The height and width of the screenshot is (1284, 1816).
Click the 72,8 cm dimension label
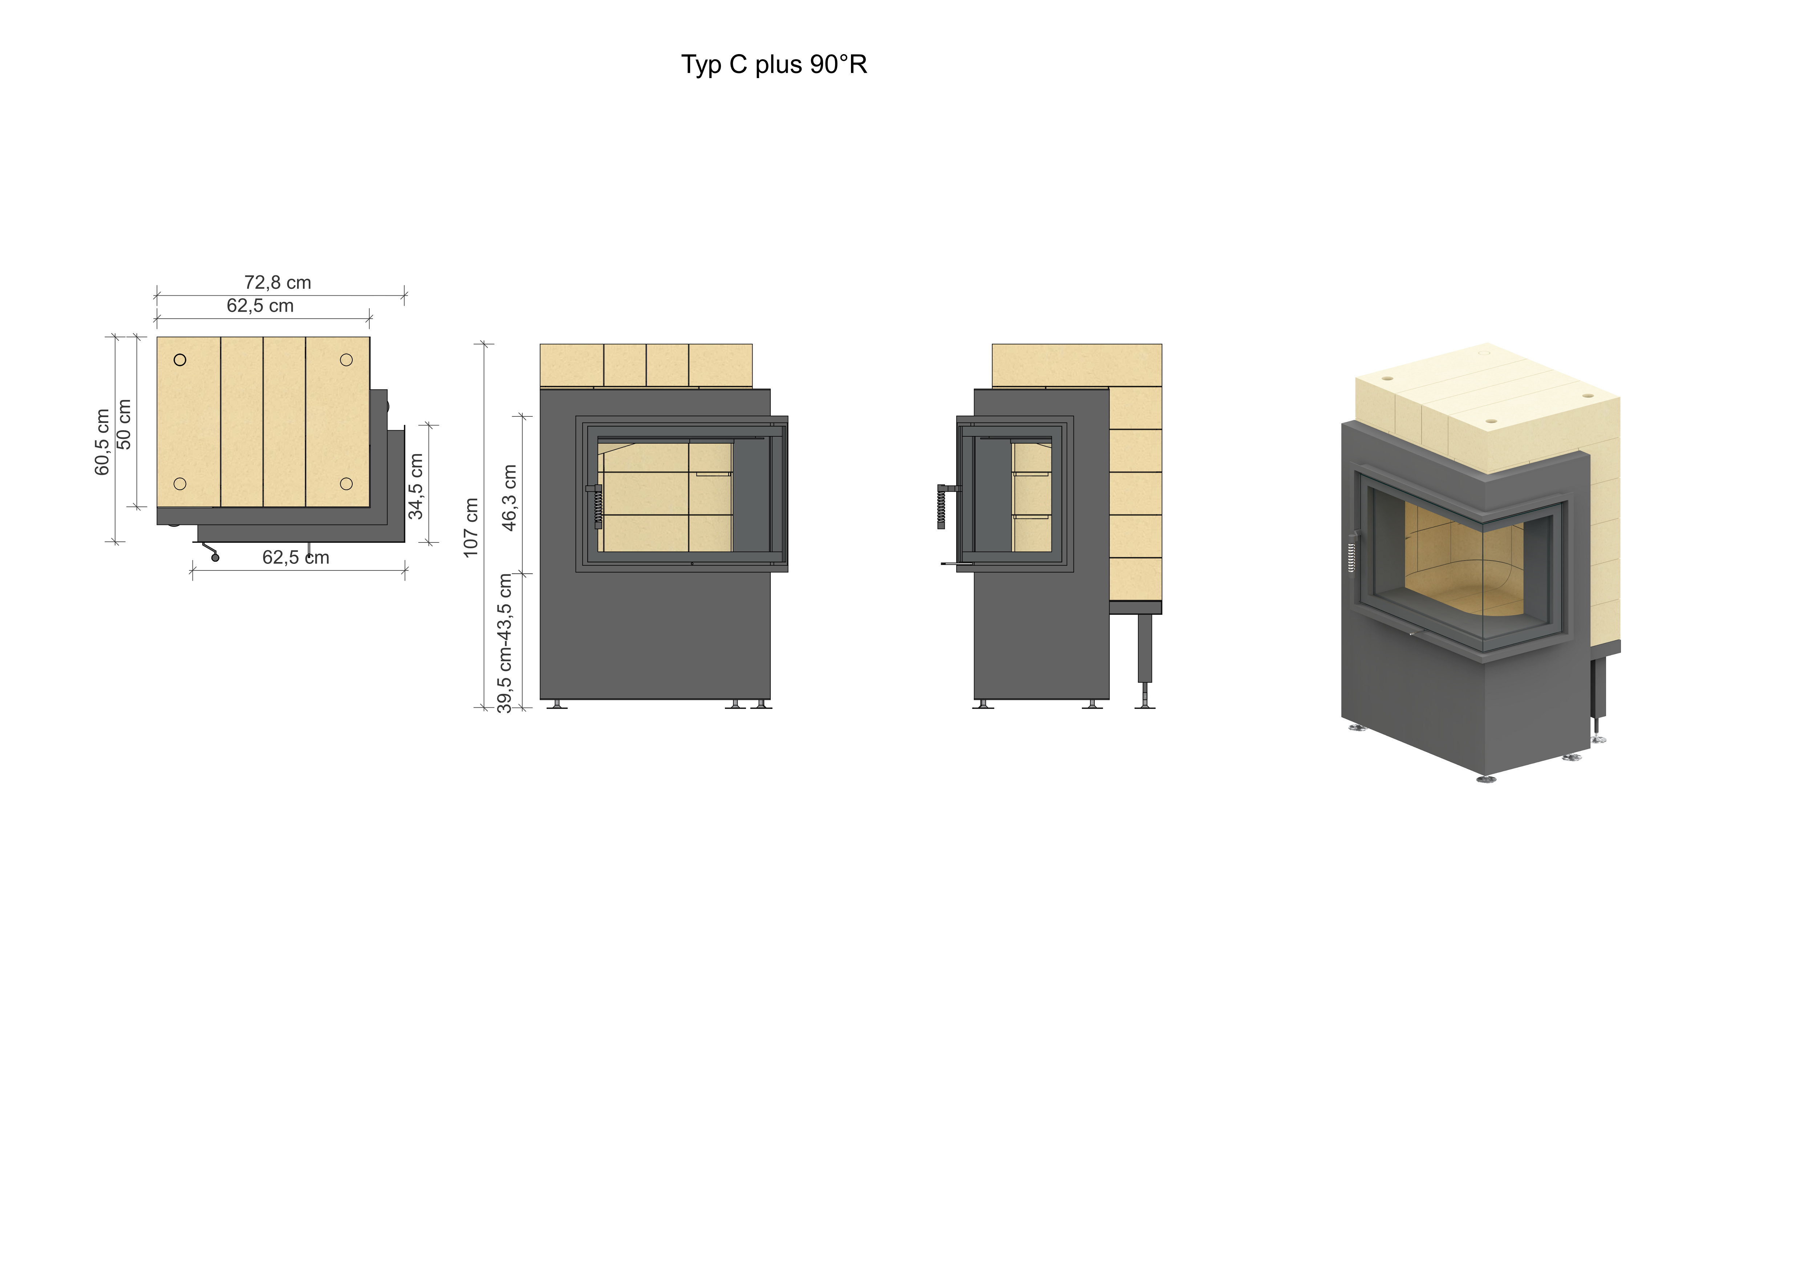click(277, 282)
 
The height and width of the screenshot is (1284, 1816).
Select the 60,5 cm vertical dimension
click(102, 442)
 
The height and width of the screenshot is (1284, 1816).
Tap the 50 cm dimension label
click(124, 424)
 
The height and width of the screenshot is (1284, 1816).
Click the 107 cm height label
click(471, 528)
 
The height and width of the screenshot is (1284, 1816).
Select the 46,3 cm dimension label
click(509, 498)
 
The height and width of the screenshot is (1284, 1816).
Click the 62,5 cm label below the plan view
click(296, 557)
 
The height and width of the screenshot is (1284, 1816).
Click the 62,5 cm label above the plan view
click(260, 305)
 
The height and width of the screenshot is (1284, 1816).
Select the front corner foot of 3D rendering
click(1487, 779)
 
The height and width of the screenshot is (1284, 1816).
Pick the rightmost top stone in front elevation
click(721, 366)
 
